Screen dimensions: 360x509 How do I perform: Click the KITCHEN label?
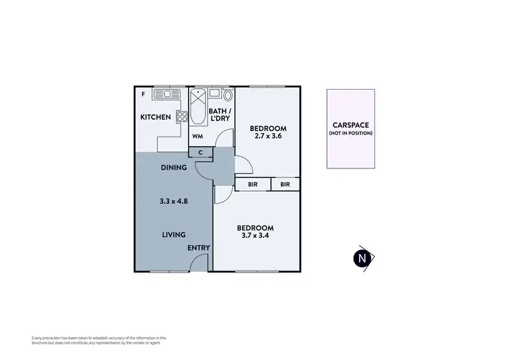click(155, 118)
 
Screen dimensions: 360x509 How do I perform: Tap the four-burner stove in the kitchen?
click(181, 116)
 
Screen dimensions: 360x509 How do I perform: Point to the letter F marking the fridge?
click(143, 94)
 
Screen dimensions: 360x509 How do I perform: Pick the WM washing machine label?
click(197, 136)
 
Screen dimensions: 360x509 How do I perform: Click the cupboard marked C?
click(201, 152)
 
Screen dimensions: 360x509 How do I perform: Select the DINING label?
click(174, 167)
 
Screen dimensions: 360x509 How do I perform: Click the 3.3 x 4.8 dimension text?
click(173, 201)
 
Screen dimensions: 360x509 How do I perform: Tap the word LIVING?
click(174, 235)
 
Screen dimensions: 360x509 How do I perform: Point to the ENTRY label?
click(199, 248)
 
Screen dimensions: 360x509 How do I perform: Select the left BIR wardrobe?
click(252, 184)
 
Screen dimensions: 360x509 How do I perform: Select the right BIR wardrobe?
click(285, 184)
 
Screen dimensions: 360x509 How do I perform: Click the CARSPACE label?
click(352, 125)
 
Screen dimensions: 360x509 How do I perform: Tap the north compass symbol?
click(364, 258)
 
